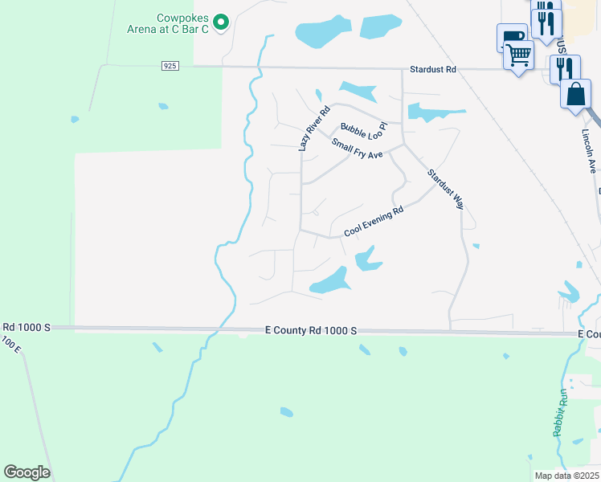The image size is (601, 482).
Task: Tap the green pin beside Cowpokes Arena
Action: pyautogui.click(x=224, y=21)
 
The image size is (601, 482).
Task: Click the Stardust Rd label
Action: pyautogui.click(x=432, y=70)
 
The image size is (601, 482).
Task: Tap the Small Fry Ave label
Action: pyautogui.click(x=358, y=149)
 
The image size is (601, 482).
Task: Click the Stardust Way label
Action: pyautogui.click(x=445, y=189)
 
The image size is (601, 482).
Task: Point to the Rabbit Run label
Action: pyautogui.click(x=561, y=413)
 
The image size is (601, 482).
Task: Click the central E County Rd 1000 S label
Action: pyautogui.click(x=310, y=331)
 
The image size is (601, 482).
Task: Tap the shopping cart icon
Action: pyautogui.click(x=519, y=57)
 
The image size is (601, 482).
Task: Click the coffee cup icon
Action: pyautogui.click(x=511, y=37)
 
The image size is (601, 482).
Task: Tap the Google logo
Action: pyautogui.click(x=27, y=472)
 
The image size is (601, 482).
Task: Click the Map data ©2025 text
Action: pyautogui.click(x=566, y=476)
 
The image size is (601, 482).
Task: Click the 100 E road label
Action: pyautogui.click(x=10, y=345)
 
